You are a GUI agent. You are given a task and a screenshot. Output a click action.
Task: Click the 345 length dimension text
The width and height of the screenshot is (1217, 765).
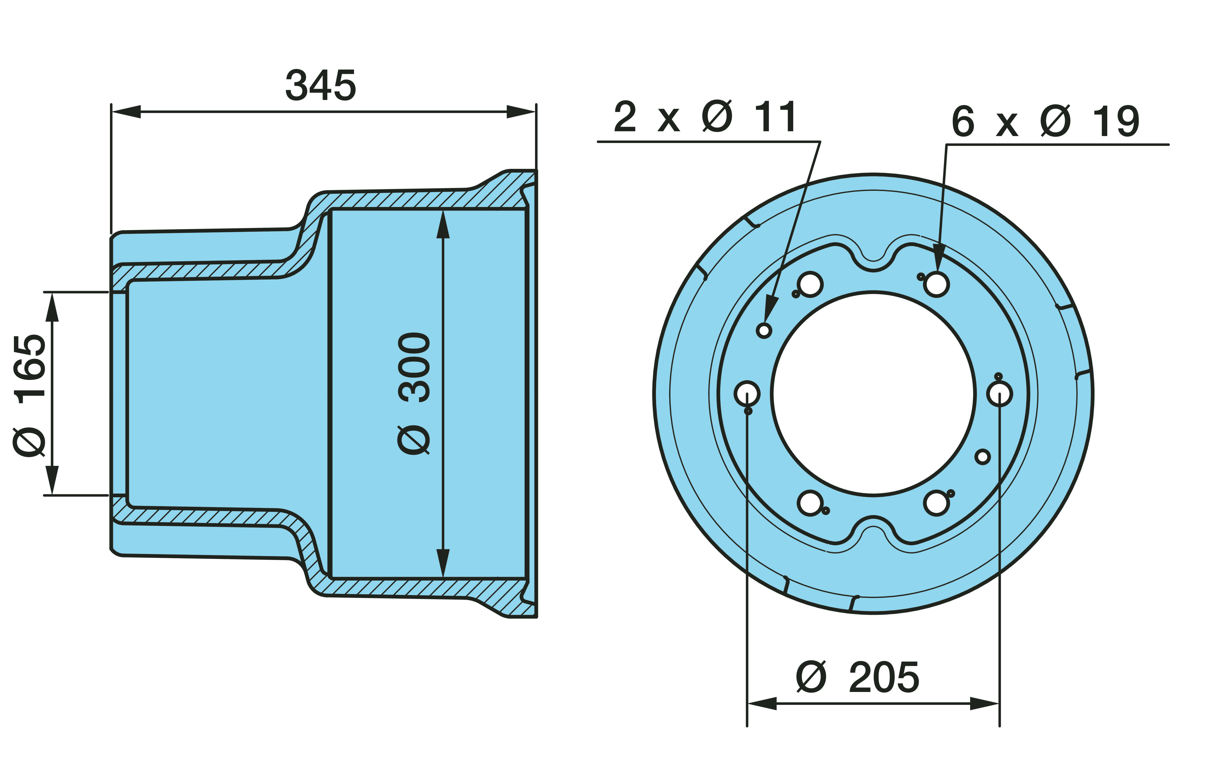pyautogui.click(x=320, y=85)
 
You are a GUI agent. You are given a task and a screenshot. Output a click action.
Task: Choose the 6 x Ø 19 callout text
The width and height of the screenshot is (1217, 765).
pyautogui.click(x=1045, y=121)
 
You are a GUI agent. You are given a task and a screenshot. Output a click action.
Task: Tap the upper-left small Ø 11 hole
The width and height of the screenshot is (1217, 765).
pyautogui.click(x=764, y=330)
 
